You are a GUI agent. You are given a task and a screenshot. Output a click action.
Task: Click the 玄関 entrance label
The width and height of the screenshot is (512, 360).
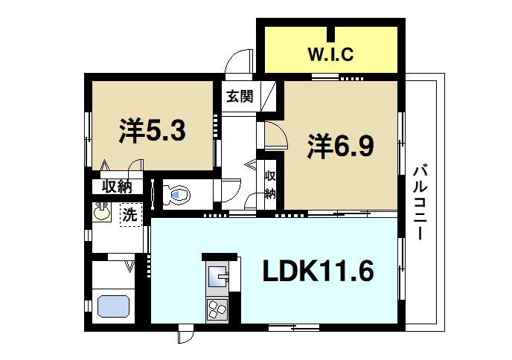pos(240,95)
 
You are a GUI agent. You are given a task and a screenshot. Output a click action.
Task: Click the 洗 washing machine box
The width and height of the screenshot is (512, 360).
pos(129,216)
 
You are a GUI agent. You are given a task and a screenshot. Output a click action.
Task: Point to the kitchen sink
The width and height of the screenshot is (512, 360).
pos(219,277)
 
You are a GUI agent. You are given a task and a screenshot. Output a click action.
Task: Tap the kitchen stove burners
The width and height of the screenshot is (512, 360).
pos(218,307)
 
